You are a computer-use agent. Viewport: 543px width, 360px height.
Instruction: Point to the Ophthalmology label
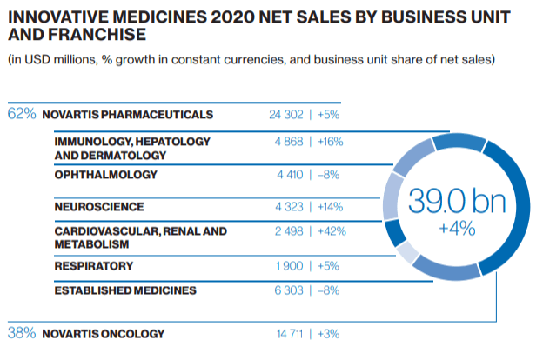(105, 175)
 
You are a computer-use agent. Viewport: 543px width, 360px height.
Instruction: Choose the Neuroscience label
(99, 207)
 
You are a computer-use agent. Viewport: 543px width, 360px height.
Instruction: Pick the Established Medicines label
(125, 290)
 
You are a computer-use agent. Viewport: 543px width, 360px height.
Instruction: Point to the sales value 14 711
(288, 333)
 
